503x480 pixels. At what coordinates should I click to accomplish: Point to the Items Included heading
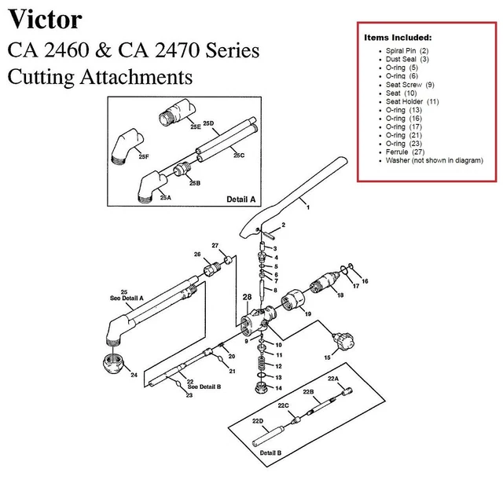397,38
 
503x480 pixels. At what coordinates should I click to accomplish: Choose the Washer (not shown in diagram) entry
434,161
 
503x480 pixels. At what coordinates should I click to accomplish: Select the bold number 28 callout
247,298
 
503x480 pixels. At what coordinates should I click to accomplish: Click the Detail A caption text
242,200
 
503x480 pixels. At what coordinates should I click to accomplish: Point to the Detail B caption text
270,453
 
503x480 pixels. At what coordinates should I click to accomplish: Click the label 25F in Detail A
144,157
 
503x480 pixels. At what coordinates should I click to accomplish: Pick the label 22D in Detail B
257,422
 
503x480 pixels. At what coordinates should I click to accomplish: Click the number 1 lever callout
308,207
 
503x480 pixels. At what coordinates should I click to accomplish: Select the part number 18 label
340,295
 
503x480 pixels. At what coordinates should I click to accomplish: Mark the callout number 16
364,281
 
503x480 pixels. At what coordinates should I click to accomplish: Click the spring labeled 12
262,365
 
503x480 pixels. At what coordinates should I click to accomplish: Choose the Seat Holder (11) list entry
412,101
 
